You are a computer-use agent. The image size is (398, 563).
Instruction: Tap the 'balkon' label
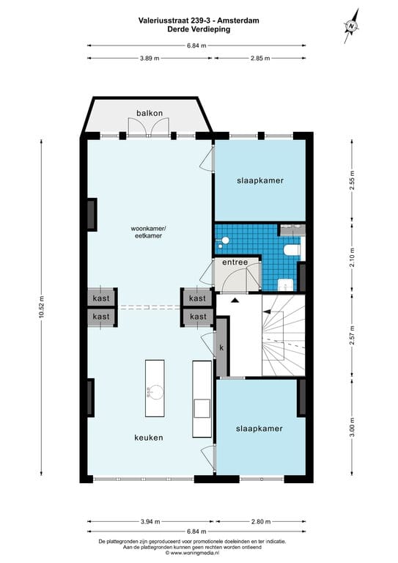click(x=149, y=113)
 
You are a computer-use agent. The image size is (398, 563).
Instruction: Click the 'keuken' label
click(x=148, y=438)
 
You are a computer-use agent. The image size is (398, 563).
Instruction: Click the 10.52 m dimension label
click(x=43, y=309)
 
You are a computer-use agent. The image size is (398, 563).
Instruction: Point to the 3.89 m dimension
click(x=150, y=59)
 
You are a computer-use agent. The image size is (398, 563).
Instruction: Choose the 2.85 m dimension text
click(x=260, y=59)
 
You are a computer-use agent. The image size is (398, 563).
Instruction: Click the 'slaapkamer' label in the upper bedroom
click(x=259, y=180)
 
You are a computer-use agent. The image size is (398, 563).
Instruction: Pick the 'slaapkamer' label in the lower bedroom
click(x=259, y=428)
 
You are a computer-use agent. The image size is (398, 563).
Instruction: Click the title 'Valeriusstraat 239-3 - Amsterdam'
click(x=198, y=21)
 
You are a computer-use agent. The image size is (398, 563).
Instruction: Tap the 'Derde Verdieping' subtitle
click(x=198, y=30)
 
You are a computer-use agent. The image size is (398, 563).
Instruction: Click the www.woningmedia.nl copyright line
click(x=198, y=553)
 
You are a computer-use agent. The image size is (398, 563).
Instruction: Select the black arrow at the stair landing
click(x=235, y=301)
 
